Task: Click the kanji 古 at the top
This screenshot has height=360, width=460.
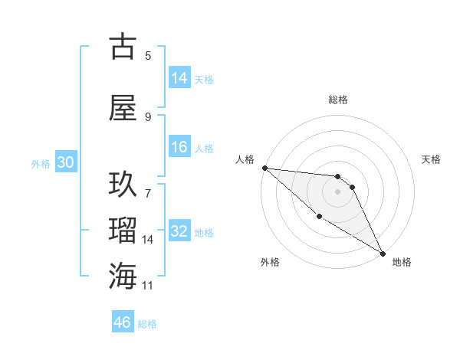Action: [x=124, y=47]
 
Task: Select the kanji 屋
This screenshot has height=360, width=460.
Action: [x=124, y=107]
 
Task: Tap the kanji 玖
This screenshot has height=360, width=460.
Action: [x=124, y=185]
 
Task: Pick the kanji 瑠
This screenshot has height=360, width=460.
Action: [x=124, y=231]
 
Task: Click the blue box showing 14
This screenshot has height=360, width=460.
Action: [x=179, y=78]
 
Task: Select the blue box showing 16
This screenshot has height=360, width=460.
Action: [x=179, y=147]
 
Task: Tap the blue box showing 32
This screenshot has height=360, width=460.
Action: [x=179, y=231]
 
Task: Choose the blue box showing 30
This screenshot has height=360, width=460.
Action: [x=64, y=162]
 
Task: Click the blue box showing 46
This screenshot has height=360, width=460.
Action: [x=123, y=322]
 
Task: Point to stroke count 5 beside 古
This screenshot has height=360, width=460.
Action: [x=148, y=55]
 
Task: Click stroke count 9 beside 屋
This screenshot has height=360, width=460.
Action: [x=148, y=116]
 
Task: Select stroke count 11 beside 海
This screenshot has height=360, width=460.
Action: [x=148, y=286]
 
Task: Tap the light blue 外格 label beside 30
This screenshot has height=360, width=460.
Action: [x=41, y=163]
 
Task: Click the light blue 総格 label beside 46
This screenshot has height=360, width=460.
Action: [x=147, y=324]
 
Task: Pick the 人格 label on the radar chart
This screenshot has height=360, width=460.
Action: [x=245, y=159]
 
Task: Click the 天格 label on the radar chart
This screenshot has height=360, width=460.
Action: [x=431, y=159]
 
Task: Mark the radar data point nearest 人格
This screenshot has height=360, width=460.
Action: [x=264, y=168]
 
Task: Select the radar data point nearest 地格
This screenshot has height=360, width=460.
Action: [x=383, y=253]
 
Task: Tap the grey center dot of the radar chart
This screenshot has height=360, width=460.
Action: [x=337, y=191]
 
